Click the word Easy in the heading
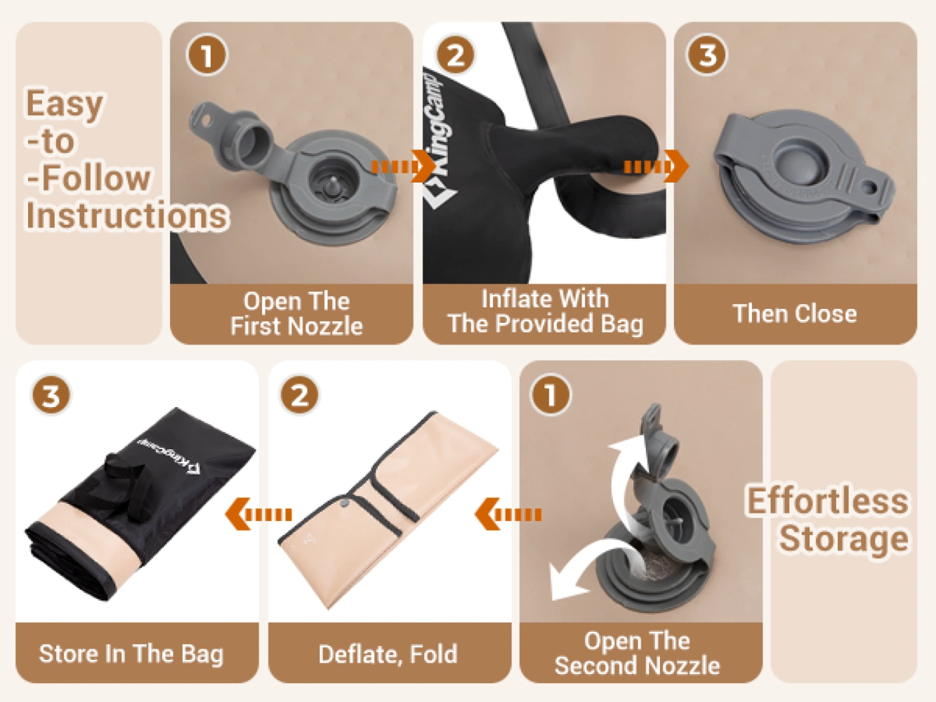point(65,104)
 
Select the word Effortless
point(828,501)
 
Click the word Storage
point(843,538)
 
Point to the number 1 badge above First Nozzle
point(207,55)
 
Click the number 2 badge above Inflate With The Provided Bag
point(456,55)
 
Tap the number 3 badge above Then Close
point(707,55)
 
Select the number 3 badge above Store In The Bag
point(51,395)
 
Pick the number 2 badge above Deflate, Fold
point(300,395)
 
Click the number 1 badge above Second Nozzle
point(550,395)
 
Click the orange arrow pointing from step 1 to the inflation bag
point(403,166)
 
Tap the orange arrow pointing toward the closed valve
point(657,166)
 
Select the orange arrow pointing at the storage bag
point(258,514)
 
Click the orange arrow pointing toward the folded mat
point(508,514)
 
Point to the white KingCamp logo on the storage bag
point(169,455)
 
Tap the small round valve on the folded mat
point(343,503)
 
